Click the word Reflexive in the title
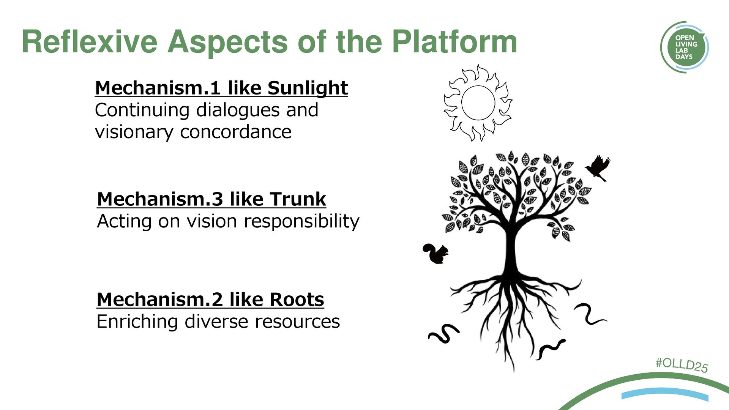pyautogui.click(x=90, y=42)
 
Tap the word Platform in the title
pyautogui.click(x=454, y=42)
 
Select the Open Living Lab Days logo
pyautogui.click(x=684, y=47)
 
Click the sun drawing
pyautogui.click(x=478, y=103)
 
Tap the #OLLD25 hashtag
pyautogui.click(x=682, y=365)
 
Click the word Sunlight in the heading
pyautogui.click(x=308, y=88)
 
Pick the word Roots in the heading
pyautogui.click(x=297, y=300)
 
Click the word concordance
pyautogui.click(x=235, y=132)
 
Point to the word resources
pyautogui.click(x=297, y=322)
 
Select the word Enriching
pyautogui.click(x=137, y=322)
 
